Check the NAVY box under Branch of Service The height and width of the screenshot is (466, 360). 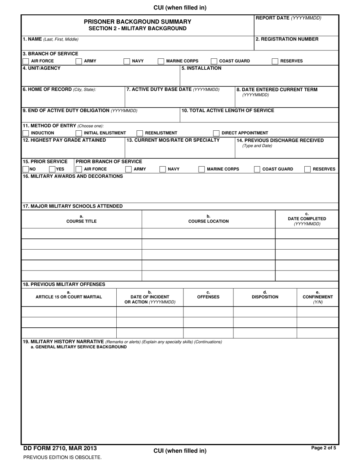point(127,61)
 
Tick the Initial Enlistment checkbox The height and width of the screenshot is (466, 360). point(79,133)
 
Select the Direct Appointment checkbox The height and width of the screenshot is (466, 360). point(216,133)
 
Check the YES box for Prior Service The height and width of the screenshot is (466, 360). point(52,169)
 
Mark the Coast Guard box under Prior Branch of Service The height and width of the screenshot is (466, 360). point(257,169)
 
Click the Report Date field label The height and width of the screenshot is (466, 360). point(288,18)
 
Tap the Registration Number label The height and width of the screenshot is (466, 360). point(287,39)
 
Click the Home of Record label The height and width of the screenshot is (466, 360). point(59,89)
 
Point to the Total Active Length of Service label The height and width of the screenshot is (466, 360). point(228,111)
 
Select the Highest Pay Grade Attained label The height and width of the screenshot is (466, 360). point(64,140)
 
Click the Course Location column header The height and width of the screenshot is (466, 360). point(208,221)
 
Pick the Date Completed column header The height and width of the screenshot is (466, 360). point(307,219)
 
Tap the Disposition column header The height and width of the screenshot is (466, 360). point(265,297)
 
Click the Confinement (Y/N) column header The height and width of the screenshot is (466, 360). point(318,297)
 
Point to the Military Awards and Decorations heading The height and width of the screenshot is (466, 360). point(73,176)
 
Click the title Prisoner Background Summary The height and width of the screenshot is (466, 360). point(138,22)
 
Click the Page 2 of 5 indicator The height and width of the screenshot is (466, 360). point(323,448)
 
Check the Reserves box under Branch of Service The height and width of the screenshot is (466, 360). point(275,61)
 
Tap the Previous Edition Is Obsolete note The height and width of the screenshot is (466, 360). point(62,457)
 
